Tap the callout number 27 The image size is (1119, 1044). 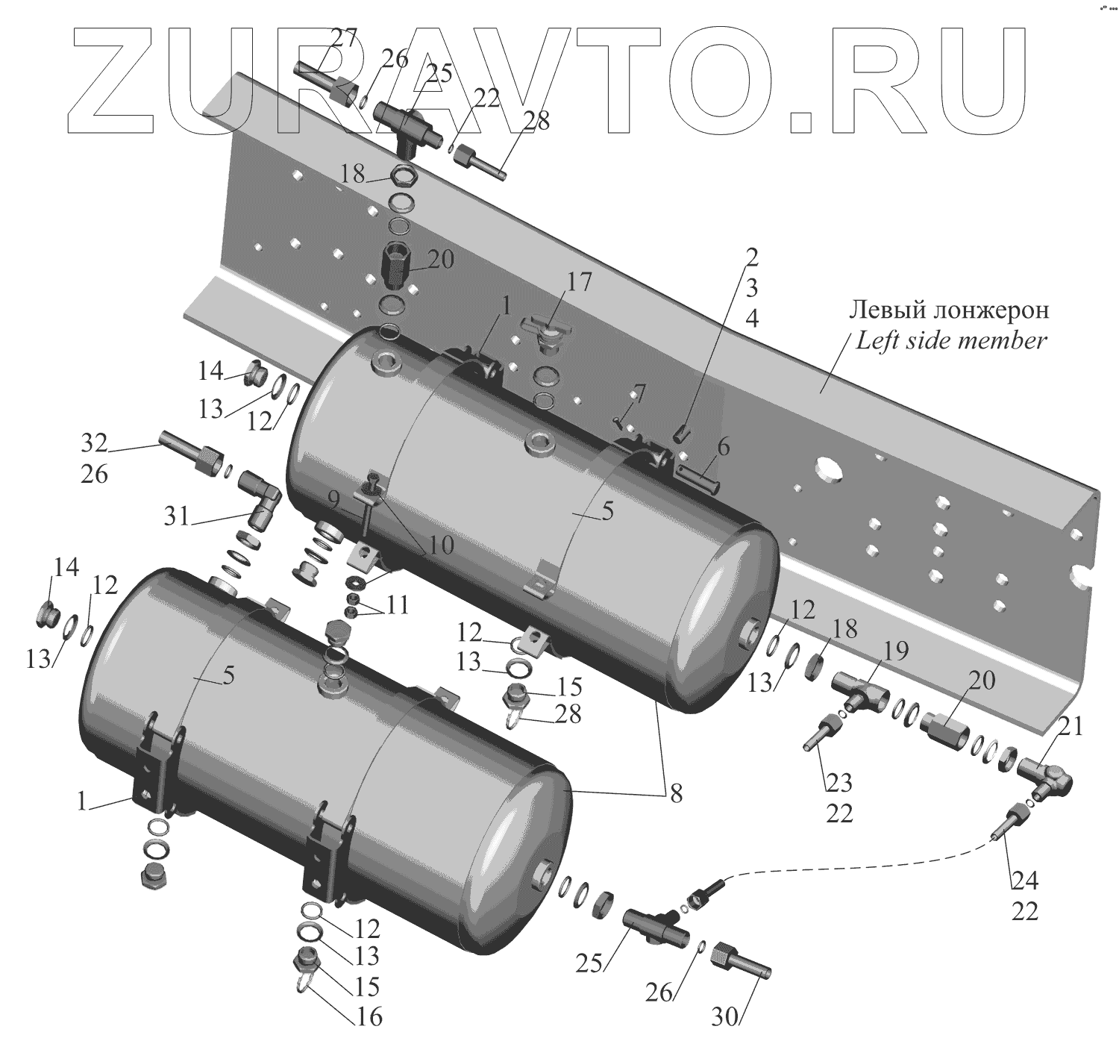pos(345,38)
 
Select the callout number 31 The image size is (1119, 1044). pos(177,516)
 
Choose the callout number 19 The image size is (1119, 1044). pos(896,651)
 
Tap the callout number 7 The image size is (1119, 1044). pos(637,393)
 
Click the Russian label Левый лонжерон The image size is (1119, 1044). pos(950,309)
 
